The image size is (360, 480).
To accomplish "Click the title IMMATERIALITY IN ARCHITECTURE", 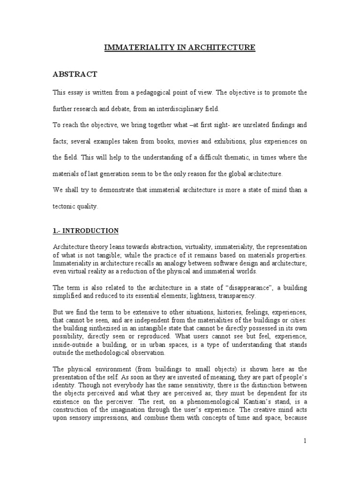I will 180,47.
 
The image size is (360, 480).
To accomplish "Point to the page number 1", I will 305,440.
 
